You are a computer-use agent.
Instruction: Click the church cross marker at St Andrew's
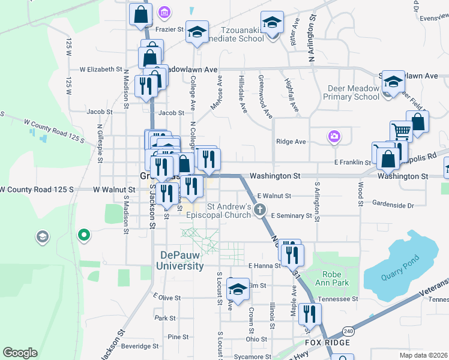click(259, 209)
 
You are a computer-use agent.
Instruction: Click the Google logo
click(20, 353)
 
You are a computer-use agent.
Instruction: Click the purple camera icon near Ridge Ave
click(334, 137)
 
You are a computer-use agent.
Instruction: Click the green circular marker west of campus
click(84, 235)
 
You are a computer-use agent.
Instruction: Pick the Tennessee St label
click(339, 298)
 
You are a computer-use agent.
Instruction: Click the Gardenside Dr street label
click(393, 205)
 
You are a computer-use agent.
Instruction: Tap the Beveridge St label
click(139, 346)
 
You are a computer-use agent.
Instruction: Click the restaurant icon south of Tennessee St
click(310, 313)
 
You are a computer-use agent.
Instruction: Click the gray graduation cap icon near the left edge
click(43, 237)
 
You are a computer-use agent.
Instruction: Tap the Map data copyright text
click(423, 355)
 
